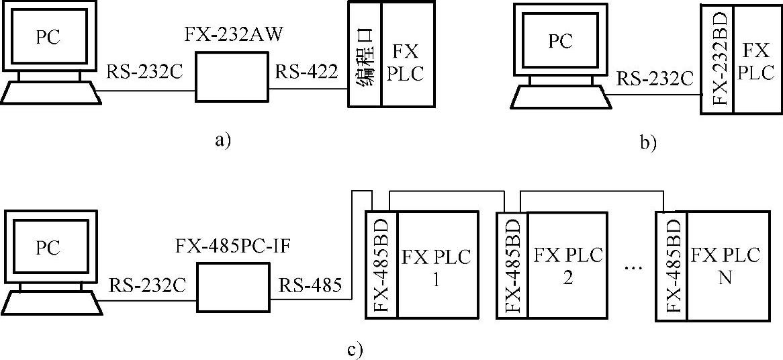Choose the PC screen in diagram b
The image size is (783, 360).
click(561, 41)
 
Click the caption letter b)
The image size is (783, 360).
click(647, 142)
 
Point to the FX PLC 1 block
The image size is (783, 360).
click(436, 265)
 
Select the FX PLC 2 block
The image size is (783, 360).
click(567, 265)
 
